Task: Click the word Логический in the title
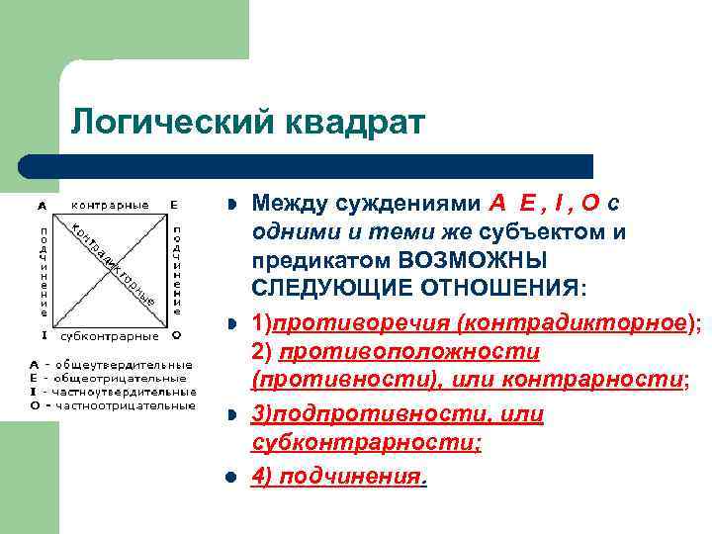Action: click(x=173, y=124)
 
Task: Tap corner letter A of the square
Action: click(x=42, y=206)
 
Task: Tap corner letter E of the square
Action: click(x=174, y=206)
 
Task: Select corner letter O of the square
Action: click(x=175, y=334)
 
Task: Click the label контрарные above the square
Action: click(x=110, y=206)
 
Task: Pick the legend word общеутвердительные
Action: click(x=123, y=364)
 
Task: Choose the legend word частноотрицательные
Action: click(x=126, y=404)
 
